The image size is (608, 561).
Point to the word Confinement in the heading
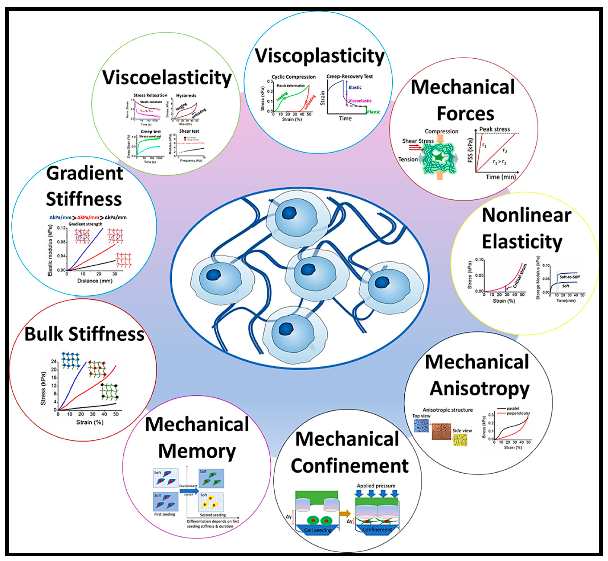tap(349, 466)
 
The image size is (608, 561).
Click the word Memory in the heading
tap(197, 451)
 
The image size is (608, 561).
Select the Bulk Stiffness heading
tap(84, 334)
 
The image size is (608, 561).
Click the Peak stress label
tap(494, 129)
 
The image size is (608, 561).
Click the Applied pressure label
tap(376, 486)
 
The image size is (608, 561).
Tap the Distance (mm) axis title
tap(95, 281)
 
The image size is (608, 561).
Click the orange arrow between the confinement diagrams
tap(344, 514)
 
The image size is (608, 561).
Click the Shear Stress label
tap(418, 141)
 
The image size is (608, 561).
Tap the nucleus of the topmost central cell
tap(289, 213)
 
